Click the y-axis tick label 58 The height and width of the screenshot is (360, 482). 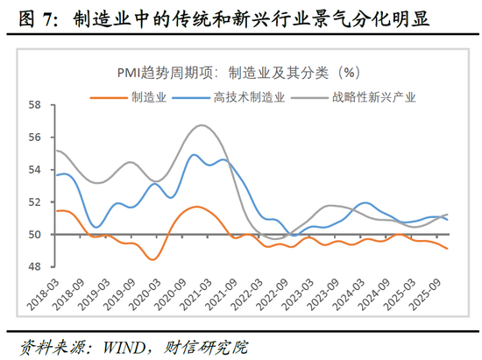tap(35, 105)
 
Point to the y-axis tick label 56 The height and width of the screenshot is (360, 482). tap(35, 138)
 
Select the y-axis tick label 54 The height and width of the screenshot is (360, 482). tap(35, 170)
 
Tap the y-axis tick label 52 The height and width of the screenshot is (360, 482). tap(35, 202)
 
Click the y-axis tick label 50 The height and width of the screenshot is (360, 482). tap(35, 235)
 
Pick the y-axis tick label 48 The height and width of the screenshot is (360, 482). tap(35, 267)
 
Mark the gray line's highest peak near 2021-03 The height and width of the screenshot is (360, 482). tap(202, 125)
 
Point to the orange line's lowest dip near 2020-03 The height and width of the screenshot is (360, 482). tap(152, 259)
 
